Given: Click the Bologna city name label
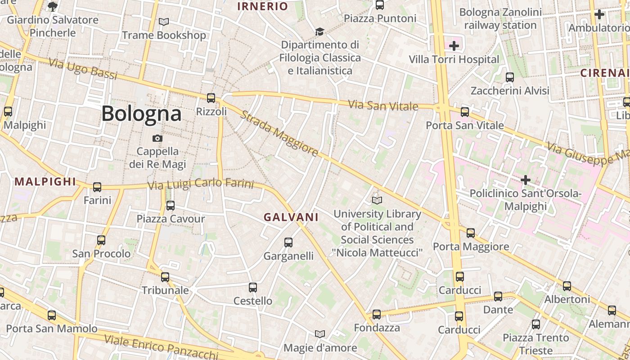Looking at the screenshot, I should (x=141, y=113).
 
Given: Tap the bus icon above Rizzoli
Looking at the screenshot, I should (x=211, y=98).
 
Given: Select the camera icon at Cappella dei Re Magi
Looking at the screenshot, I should (x=157, y=138).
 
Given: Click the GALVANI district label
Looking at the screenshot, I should (x=291, y=217).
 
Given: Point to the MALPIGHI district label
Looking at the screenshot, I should (x=45, y=182).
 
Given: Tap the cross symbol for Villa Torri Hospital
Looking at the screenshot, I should (x=454, y=45).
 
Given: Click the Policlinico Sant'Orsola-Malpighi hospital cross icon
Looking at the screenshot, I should (x=525, y=180).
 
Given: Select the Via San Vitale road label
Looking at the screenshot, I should (x=383, y=106).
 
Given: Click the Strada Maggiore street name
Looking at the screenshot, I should (x=279, y=133).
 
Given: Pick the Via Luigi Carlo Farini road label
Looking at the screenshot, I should (x=201, y=184).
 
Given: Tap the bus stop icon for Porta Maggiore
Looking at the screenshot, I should (x=470, y=233).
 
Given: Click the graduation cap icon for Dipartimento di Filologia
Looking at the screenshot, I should (x=319, y=31).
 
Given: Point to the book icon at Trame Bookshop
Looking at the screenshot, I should (x=164, y=22).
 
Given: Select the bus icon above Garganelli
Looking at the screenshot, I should (x=288, y=243).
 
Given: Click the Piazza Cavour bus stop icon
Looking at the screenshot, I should (x=170, y=206).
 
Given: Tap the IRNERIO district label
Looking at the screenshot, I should (x=262, y=6).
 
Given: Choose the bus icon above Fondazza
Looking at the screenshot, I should (x=377, y=315).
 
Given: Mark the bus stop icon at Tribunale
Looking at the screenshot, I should (x=165, y=277).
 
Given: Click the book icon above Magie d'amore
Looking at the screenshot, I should (x=320, y=334).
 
